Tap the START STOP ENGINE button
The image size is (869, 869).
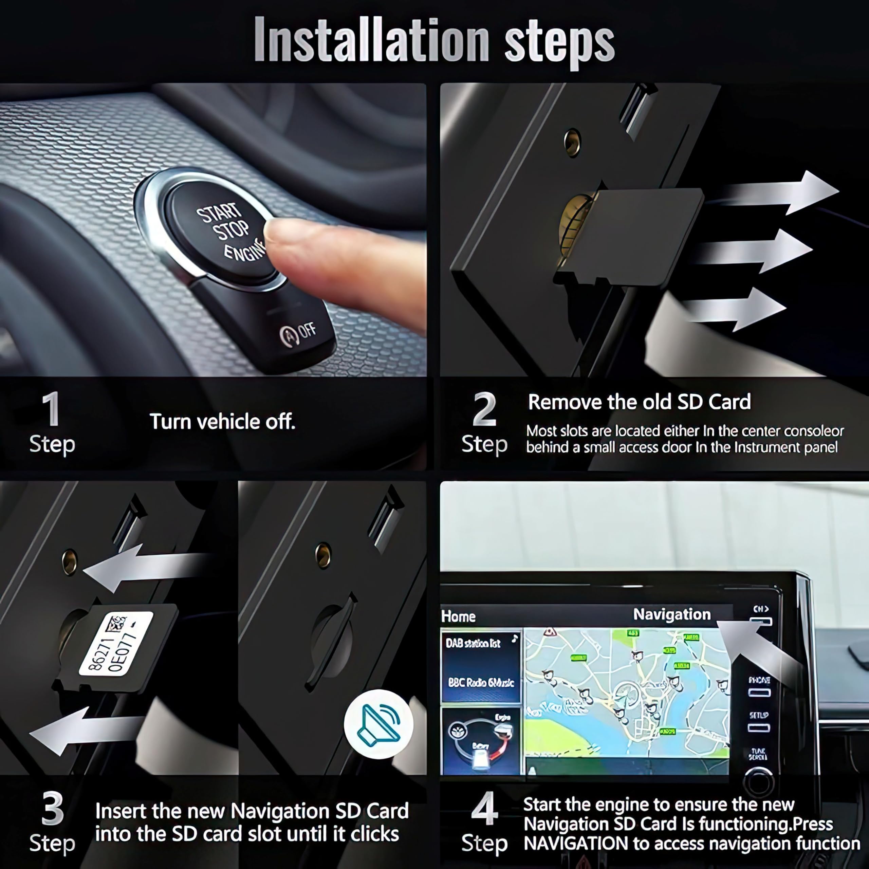coord(220,229)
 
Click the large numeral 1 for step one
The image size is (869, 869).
coord(51,409)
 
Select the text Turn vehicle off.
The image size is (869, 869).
coord(222,422)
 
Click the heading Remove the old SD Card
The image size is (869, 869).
coord(639,402)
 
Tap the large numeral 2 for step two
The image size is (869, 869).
coord(484,409)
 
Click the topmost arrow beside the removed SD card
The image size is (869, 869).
coord(783,191)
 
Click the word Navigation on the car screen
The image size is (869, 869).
coord(671,614)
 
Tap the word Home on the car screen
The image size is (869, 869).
coord(458,616)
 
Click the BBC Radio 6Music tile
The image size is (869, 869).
coord(480,683)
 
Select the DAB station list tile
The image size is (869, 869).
coord(480,643)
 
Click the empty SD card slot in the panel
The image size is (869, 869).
coord(331,643)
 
